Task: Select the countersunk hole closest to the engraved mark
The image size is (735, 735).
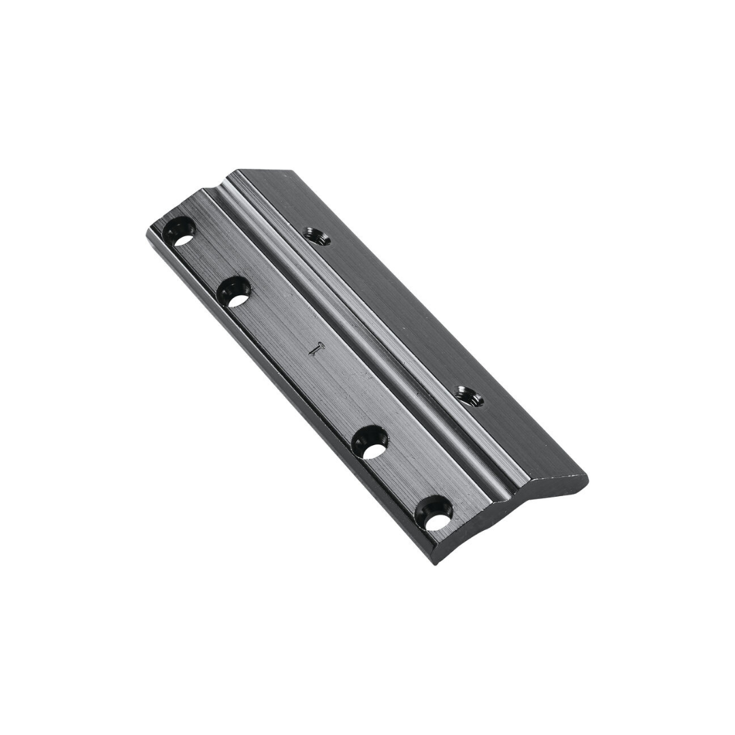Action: [234, 292]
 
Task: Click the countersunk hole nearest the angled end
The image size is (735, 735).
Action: [436, 512]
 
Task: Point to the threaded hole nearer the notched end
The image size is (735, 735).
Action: [317, 238]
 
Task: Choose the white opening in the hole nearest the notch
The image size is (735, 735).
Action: [182, 239]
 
